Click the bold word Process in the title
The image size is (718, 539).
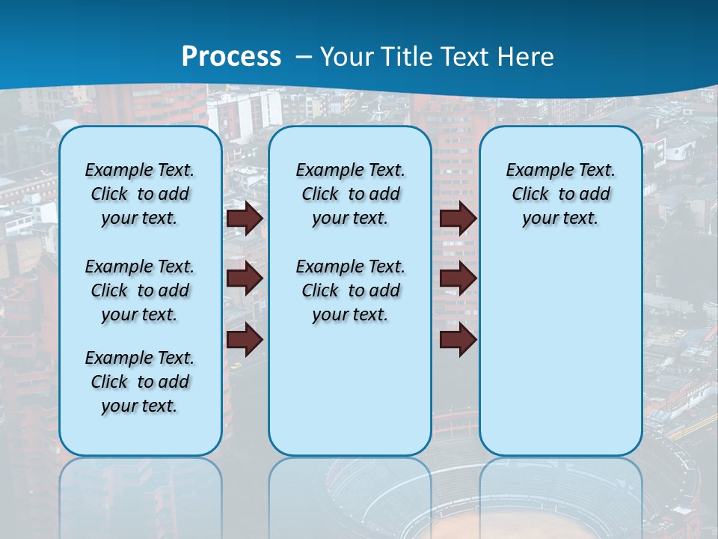(x=231, y=56)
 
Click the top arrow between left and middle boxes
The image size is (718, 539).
(x=245, y=218)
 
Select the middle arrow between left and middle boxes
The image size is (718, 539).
(x=245, y=278)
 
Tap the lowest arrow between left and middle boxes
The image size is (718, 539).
(x=245, y=339)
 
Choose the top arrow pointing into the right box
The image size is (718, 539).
(x=458, y=218)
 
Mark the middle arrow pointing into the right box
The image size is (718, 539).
(x=458, y=278)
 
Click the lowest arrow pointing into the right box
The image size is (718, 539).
(x=458, y=339)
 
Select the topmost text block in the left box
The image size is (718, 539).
(x=140, y=194)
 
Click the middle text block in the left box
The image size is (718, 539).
(x=140, y=290)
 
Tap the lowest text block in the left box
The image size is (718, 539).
(x=140, y=382)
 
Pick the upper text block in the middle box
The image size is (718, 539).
(x=350, y=194)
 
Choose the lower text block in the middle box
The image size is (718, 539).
(x=350, y=290)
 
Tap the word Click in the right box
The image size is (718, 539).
(x=530, y=195)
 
